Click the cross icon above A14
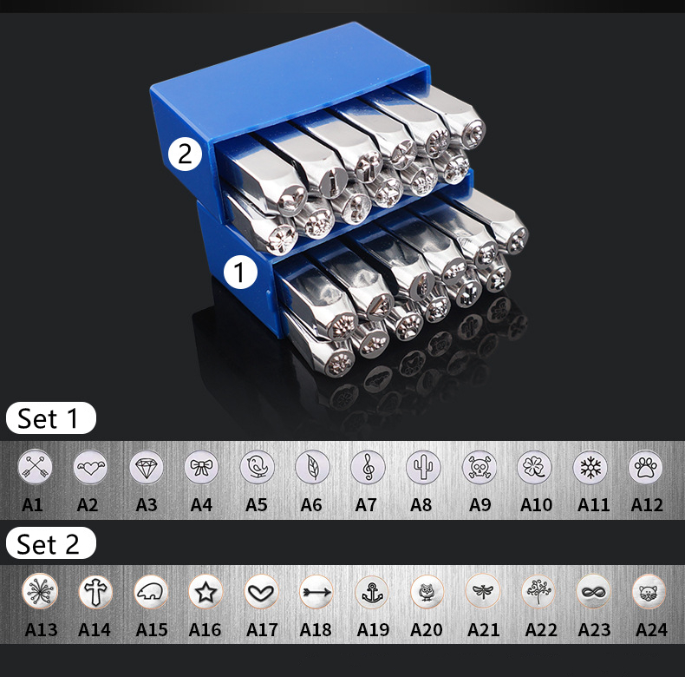(95, 592)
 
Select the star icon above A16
(205, 592)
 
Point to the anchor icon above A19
(371, 592)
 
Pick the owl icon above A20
(427, 592)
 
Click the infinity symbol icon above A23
(593, 592)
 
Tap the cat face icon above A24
(649, 592)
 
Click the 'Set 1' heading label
(49, 418)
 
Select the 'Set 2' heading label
(49, 544)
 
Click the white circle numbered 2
(185, 154)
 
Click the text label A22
(540, 629)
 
